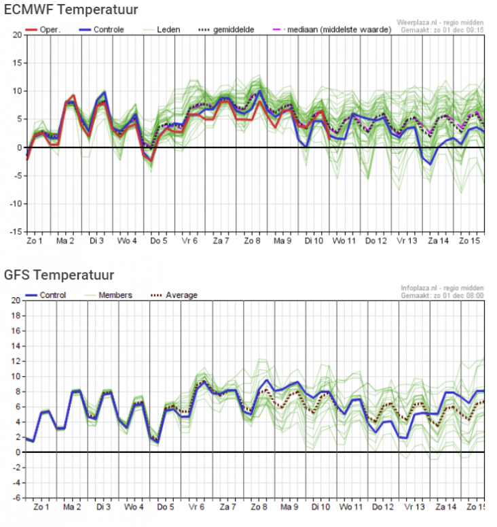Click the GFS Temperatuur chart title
pos(59,275)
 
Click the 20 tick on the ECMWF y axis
pos(15,35)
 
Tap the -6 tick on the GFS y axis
pos(15,498)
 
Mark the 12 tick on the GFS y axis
pos(15,361)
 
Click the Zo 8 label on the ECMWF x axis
pos(253,241)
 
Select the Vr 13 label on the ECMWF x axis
pos(406,241)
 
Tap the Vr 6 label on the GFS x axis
pos(197,507)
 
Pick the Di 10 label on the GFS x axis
pos(320,507)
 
